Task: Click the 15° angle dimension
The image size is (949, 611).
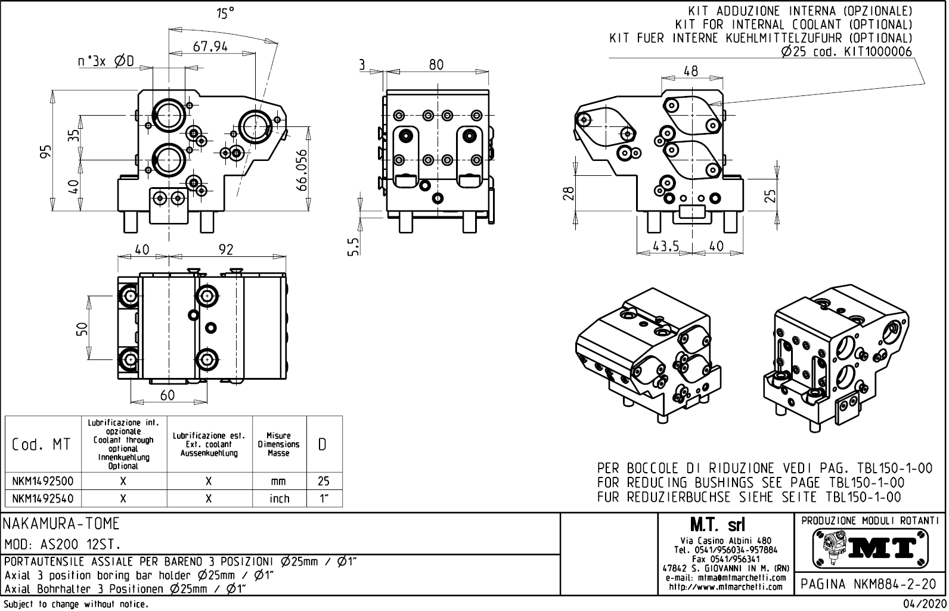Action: [x=225, y=13]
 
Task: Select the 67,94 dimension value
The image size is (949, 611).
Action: [x=210, y=46]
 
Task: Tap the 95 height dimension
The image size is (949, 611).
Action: [x=46, y=151]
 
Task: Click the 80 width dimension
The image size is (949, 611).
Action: [x=436, y=64]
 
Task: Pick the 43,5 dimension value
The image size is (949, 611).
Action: [x=666, y=246]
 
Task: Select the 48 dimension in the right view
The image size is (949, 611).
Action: [x=690, y=71]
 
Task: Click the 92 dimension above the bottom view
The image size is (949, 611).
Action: [x=226, y=249]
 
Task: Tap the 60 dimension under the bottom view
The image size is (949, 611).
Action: [x=168, y=395]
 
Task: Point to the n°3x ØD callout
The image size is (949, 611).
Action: [x=106, y=61]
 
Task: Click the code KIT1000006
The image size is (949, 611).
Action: [x=877, y=52]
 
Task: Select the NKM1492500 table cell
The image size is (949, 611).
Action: [x=42, y=481]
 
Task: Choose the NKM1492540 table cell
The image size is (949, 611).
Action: [x=42, y=498]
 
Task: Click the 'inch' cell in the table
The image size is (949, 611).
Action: [x=278, y=498]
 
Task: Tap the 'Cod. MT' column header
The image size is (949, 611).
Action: [x=41, y=445]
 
